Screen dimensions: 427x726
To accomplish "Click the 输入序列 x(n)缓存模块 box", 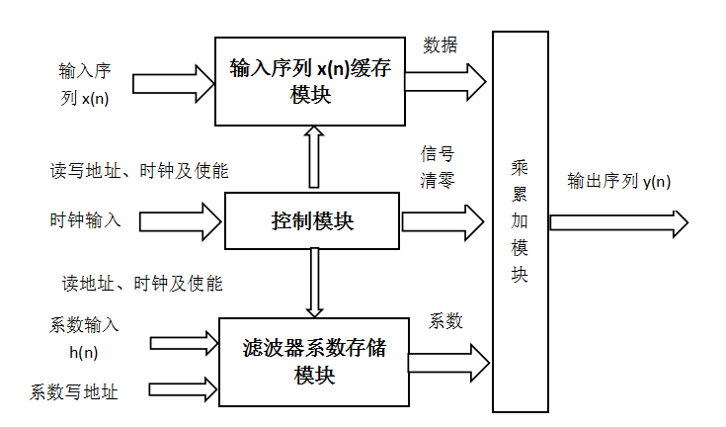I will (309, 81).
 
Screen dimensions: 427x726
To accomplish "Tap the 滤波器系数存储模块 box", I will (313, 362).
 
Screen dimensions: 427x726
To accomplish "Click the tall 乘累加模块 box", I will (520, 221).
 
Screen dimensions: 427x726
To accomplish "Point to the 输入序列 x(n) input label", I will (83, 84).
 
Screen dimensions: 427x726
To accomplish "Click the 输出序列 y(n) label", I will (618, 182).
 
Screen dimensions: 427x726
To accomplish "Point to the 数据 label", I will (441, 45).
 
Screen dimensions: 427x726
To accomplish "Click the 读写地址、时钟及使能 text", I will (139, 171).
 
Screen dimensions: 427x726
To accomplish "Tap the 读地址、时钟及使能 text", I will (137, 284).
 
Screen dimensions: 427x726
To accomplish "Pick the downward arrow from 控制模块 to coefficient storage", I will (314, 283).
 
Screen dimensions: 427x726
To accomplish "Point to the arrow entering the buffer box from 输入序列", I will (173, 84).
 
